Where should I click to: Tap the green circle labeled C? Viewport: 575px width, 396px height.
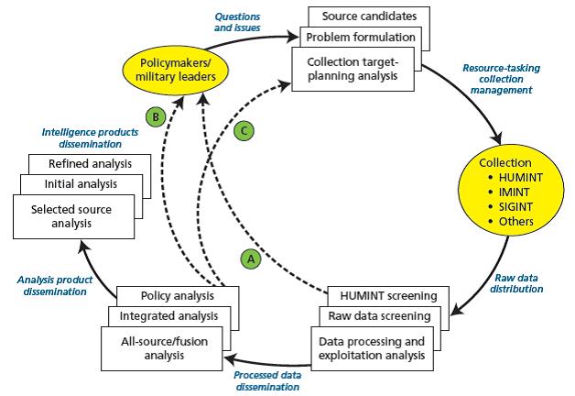[x=244, y=131]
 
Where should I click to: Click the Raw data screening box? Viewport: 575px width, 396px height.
[x=380, y=316]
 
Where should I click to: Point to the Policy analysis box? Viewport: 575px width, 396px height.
[x=178, y=295]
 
